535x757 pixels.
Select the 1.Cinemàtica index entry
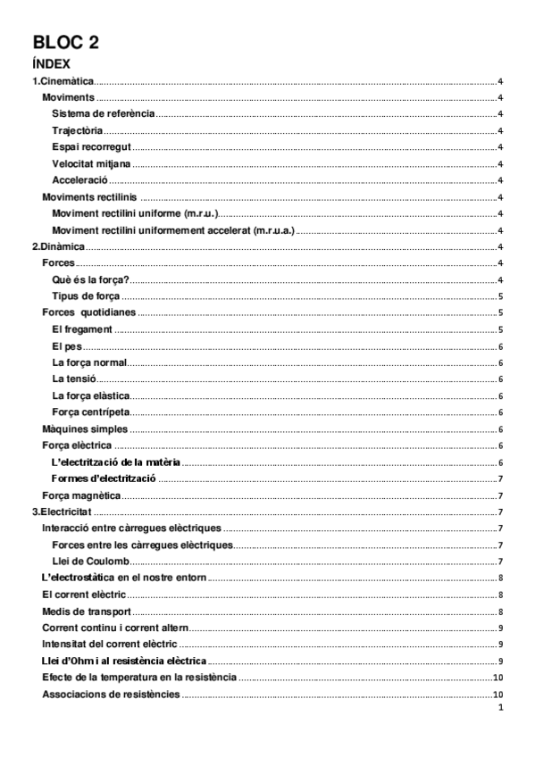point(63,81)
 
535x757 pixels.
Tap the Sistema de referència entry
point(104,114)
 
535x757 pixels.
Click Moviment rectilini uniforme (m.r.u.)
point(136,214)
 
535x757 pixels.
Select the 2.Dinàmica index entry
point(59,247)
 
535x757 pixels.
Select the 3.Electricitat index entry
point(63,512)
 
